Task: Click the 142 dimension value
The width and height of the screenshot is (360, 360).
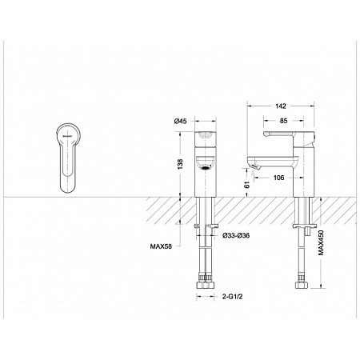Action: [281, 106]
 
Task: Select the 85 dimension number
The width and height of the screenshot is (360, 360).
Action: [283, 121]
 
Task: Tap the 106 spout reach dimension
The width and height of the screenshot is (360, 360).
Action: [278, 178]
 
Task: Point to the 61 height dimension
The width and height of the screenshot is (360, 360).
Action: [247, 185]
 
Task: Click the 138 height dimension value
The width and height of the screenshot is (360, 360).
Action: [181, 164]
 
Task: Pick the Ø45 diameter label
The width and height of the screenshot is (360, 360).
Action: [181, 122]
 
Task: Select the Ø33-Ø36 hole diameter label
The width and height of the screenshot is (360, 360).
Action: [236, 235]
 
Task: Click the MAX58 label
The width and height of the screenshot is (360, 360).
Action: [161, 246]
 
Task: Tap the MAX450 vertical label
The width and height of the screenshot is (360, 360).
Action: [321, 243]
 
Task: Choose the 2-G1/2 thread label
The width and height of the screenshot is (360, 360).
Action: [233, 297]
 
